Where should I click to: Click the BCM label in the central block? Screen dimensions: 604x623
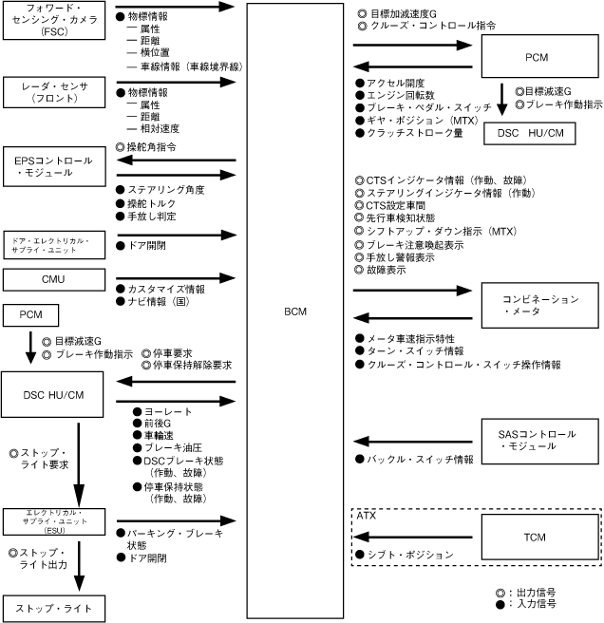[x=295, y=311]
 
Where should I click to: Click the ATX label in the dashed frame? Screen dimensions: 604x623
[x=366, y=515]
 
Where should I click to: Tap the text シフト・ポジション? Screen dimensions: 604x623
[x=409, y=555]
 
